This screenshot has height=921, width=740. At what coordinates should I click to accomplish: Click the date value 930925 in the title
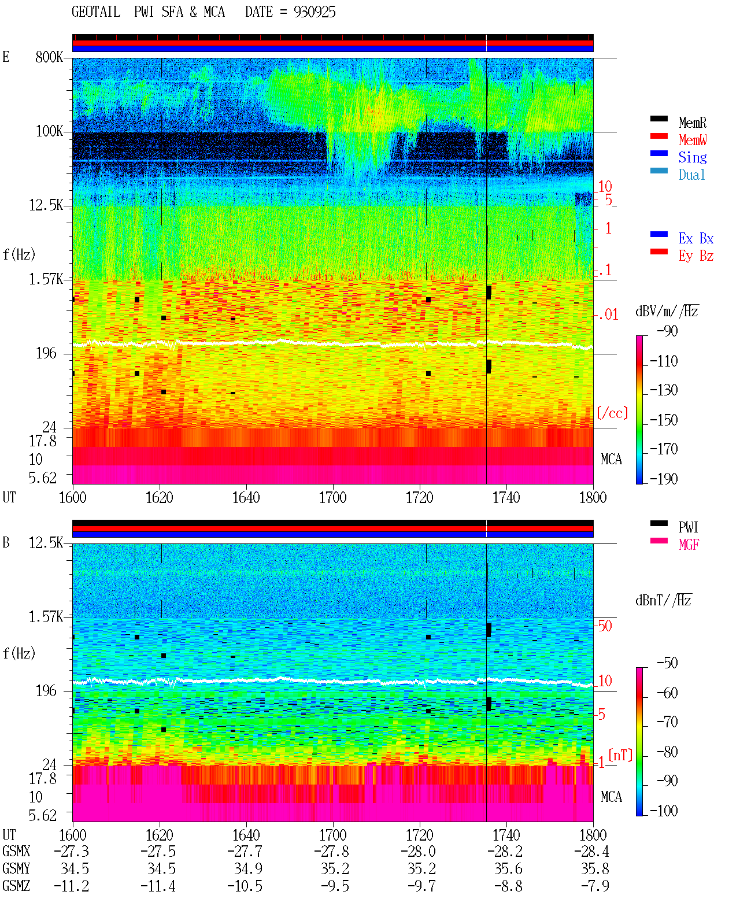point(314,12)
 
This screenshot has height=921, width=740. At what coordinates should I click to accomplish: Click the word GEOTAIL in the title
point(96,12)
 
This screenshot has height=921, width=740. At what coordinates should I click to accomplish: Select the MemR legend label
point(693,123)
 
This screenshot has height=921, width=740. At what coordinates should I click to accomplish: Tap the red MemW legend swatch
point(658,136)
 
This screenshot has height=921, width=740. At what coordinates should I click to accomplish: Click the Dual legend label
point(692,175)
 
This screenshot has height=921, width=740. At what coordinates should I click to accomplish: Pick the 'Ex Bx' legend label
point(696,238)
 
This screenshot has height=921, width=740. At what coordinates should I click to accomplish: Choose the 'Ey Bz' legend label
point(696,256)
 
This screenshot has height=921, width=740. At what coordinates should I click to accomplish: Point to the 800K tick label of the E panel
point(49,57)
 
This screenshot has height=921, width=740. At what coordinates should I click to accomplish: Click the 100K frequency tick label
point(49,131)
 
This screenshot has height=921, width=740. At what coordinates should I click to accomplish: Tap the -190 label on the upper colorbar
point(664,479)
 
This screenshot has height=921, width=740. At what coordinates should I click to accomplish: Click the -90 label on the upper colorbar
point(667,331)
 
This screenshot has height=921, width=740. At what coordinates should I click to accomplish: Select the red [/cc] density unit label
point(612,413)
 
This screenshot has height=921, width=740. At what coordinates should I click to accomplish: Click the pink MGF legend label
point(689,545)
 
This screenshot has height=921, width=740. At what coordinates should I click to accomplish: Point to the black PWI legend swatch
point(658,523)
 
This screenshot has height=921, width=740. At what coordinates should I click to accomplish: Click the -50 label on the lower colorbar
point(667,663)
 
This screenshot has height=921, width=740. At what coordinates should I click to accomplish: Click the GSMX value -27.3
point(72,852)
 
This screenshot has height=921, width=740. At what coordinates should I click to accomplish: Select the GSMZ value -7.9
point(595,886)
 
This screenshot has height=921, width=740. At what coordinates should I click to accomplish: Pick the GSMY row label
point(16,869)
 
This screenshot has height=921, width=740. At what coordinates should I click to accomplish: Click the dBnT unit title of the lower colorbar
point(664,601)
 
